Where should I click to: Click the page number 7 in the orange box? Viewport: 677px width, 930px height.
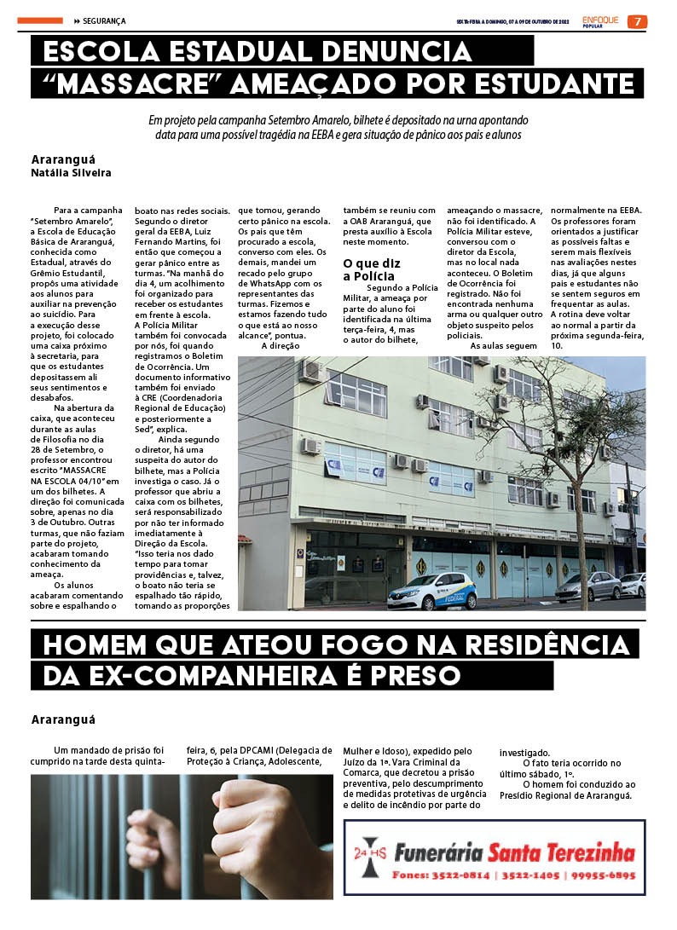636,21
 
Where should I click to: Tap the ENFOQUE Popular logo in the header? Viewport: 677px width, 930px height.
600,20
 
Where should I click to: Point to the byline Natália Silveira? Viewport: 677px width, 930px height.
71,172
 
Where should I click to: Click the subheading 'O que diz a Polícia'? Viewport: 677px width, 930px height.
372,270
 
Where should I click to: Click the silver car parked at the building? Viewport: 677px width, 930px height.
588,586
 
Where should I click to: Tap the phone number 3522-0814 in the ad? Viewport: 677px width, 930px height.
460,875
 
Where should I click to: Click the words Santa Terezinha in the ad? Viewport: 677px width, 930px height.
561,852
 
